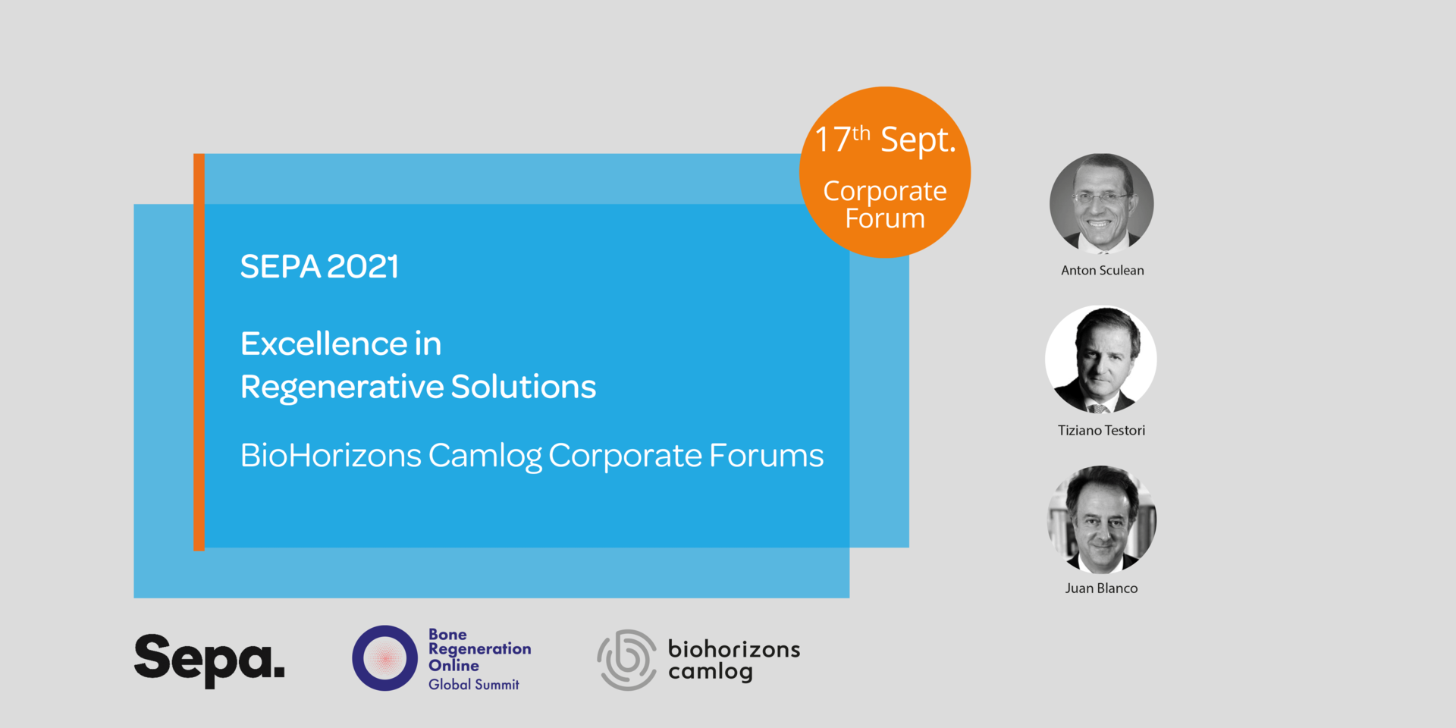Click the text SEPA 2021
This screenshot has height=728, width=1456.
coord(319,266)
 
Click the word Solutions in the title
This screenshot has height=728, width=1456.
coord(524,386)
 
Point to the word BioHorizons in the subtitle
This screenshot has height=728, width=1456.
coord(331,455)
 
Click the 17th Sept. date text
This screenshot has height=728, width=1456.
coord(885,140)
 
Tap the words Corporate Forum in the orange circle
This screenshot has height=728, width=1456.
coord(885,205)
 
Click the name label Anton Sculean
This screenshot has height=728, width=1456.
coord(1103,270)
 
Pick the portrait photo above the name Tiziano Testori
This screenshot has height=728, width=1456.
coord(1101,359)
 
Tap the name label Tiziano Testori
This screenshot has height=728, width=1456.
coord(1102,430)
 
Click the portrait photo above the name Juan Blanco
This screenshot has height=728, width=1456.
coord(1101,519)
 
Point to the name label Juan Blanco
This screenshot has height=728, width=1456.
coord(1101,588)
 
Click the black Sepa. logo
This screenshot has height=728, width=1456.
coord(209,661)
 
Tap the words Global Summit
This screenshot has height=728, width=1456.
coord(474,684)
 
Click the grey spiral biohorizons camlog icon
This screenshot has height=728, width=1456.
coord(627,660)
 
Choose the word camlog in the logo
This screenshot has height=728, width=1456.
coord(711,672)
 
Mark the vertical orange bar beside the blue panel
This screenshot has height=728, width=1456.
coord(199,352)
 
